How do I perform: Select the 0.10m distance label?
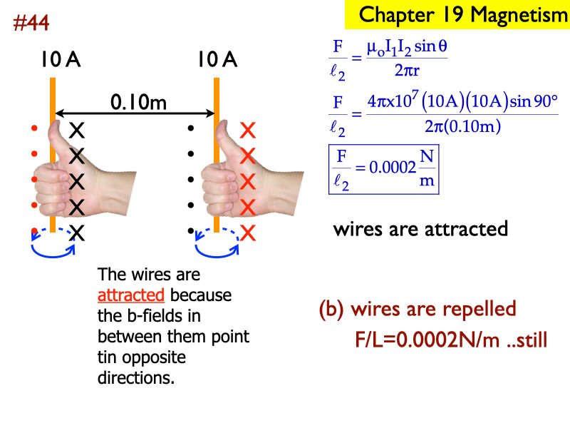pos(138,103)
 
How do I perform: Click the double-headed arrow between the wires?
pos(135,113)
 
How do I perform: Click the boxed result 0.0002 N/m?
pos(384,168)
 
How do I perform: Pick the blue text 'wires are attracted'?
pos(420,229)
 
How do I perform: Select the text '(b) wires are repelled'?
pos(417,310)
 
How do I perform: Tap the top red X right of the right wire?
pos(248,130)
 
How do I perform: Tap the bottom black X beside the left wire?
pos(77,233)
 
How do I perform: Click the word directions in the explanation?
pos(135,377)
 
